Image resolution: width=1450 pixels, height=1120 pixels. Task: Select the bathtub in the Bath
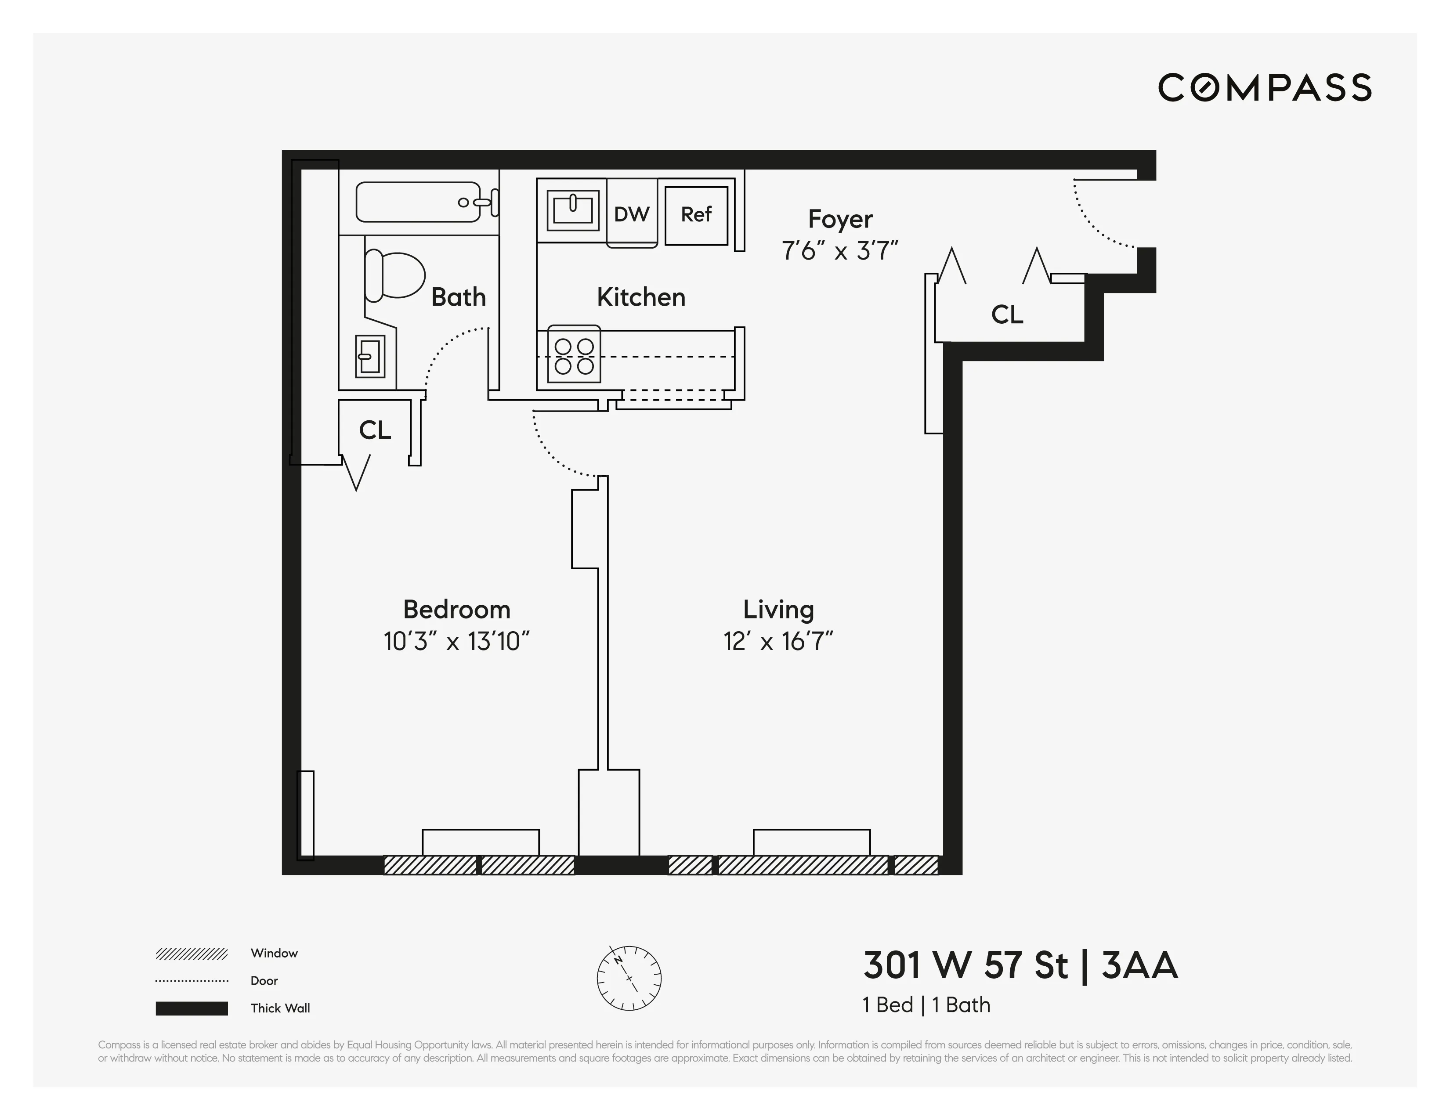pos(418,202)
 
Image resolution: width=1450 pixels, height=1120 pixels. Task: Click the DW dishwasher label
pos(631,214)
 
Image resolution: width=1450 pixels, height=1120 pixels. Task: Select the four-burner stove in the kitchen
pos(574,356)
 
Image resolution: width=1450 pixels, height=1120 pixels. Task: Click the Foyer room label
pos(840,219)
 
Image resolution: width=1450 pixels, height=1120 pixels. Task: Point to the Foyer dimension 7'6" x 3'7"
pos(840,251)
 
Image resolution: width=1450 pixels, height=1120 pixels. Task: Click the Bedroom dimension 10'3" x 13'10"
pos(457,641)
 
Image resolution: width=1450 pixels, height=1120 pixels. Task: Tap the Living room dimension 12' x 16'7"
pos(778,641)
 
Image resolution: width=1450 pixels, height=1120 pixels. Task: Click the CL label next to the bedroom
pos(374,430)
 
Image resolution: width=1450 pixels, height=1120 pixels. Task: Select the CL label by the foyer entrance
pos(1006,314)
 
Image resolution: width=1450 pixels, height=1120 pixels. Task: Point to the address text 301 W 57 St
pos(965,966)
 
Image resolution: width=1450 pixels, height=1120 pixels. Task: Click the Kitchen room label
pos(641,297)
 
